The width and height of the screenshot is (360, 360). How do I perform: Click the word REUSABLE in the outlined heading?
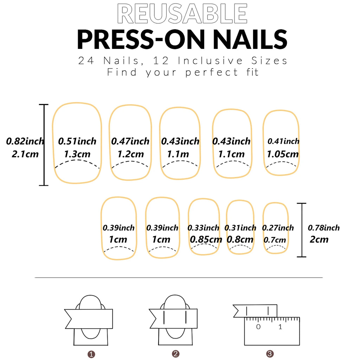coord(182,14)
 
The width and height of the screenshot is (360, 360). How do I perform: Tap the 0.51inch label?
coord(77,141)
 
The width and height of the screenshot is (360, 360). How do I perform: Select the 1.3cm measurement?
coord(77,154)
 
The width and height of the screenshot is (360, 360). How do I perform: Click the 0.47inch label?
coord(130,141)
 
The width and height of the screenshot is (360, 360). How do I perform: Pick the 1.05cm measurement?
coord(282,154)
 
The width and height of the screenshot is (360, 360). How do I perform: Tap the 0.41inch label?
coord(283,141)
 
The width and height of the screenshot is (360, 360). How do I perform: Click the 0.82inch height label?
coord(25,141)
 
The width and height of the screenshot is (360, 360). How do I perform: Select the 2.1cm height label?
coord(25,154)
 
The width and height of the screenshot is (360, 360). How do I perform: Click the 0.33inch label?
coord(203,228)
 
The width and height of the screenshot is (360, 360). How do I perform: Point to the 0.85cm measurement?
coord(206,239)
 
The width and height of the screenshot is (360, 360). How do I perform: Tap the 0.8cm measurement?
coord(240,239)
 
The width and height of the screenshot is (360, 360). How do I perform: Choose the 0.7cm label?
coord(275,240)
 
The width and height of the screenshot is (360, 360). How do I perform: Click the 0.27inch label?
coord(278,228)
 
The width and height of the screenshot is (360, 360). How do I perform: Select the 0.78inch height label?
coord(324,228)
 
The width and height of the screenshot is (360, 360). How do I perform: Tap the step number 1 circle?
coord(91,354)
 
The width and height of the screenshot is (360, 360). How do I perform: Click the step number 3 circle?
coord(270,354)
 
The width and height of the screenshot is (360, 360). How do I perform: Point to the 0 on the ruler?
coord(258,327)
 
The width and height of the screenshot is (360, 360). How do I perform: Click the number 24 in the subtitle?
coord(86,61)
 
